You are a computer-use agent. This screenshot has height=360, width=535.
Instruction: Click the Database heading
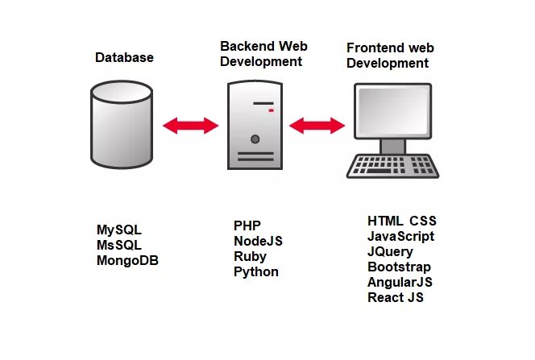pos(124,57)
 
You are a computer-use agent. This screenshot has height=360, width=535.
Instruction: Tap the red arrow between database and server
pos(191,126)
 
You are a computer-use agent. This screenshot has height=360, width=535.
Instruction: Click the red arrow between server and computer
pos(317,126)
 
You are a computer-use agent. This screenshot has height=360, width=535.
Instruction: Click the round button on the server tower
pos(255,139)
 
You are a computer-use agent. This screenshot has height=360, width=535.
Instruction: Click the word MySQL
pos(119,230)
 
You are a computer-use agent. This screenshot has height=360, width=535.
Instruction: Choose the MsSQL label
pos(119,245)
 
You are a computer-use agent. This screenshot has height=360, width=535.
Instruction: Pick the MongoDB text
pos(127,260)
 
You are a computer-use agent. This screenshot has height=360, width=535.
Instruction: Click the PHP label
pos(247,225)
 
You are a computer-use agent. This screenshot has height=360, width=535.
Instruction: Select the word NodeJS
pos(258,241)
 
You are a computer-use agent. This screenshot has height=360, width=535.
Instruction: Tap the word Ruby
pos(250,256)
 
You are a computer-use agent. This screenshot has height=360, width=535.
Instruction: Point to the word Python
pos(256,271)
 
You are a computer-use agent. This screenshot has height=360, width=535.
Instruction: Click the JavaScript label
pos(400,236)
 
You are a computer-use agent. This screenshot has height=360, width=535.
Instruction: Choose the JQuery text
pos(390,251)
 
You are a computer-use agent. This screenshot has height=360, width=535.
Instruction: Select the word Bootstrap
pos(399,267)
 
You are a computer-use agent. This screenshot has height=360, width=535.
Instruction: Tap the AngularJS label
pos(400,282)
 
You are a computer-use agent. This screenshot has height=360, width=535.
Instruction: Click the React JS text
pos(395,297)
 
